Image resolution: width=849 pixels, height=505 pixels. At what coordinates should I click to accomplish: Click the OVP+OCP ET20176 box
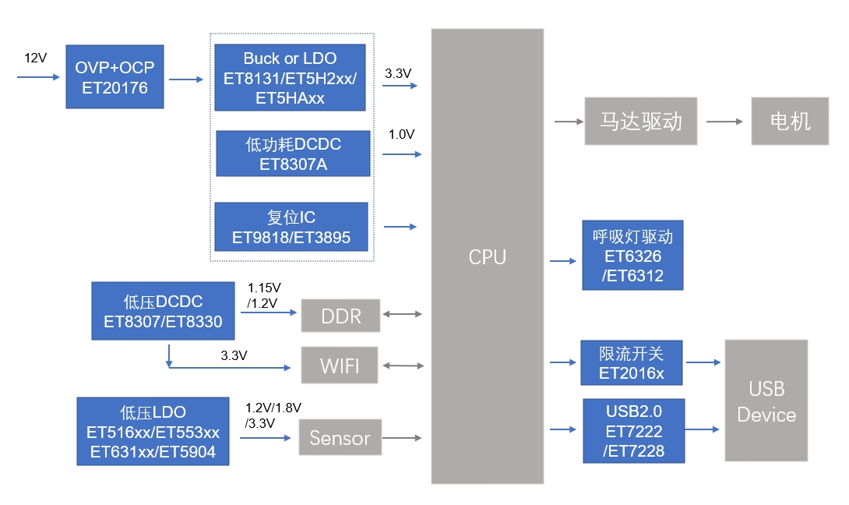tap(114, 76)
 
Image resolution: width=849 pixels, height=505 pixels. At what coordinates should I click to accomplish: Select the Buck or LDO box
tap(290, 78)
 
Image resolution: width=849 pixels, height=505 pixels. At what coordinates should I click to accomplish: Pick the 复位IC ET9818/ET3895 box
tap(291, 227)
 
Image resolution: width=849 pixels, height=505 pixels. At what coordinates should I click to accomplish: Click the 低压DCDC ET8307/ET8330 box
tap(163, 311)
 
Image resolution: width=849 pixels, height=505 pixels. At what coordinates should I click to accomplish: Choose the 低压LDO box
tap(153, 432)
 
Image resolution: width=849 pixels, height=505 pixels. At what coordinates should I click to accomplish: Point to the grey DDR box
tap(341, 315)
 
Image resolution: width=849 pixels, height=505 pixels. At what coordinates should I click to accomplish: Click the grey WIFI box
tap(340, 365)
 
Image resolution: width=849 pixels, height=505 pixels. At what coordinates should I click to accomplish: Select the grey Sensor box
tap(340, 438)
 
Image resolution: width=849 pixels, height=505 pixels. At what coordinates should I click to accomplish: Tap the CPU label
tap(488, 257)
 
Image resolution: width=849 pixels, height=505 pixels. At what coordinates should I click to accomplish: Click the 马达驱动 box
tap(640, 121)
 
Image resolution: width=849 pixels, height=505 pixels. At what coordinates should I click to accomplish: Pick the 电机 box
tap(790, 121)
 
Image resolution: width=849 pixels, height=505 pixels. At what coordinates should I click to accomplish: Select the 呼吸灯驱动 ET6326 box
tap(632, 255)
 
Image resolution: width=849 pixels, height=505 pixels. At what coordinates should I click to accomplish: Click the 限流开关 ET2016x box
tap(632, 362)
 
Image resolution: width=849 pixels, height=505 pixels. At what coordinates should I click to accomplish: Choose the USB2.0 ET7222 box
tap(633, 431)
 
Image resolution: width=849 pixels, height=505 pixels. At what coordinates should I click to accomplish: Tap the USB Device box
tap(766, 401)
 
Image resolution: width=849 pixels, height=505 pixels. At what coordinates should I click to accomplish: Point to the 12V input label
tap(36, 58)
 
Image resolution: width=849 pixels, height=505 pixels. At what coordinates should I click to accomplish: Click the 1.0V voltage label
tap(401, 134)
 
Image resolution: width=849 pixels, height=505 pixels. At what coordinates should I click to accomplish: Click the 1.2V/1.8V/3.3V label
tap(273, 415)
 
